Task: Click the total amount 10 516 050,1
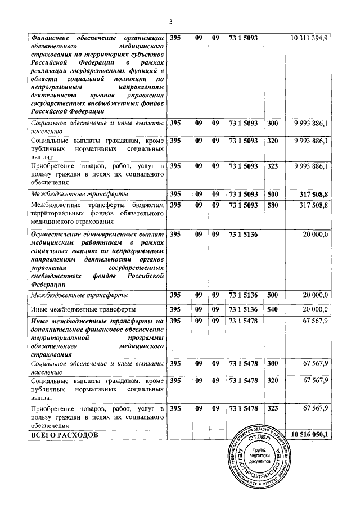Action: [x=310, y=435]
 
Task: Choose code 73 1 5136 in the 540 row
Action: [x=244, y=309]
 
